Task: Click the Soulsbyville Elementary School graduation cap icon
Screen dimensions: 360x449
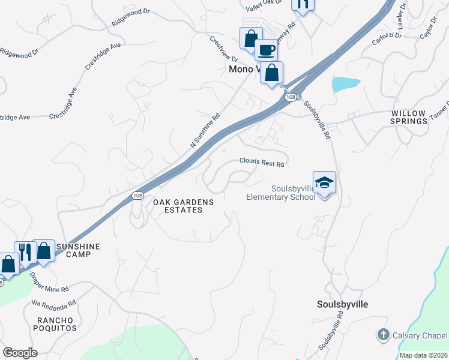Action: (x=324, y=182)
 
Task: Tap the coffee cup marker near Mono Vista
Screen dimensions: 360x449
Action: (x=265, y=50)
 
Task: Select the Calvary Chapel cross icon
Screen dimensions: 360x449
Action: (x=383, y=334)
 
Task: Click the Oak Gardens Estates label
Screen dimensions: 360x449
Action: (x=183, y=206)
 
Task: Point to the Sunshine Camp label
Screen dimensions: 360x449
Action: (x=77, y=250)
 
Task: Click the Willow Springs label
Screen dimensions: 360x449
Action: (x=409, y=117)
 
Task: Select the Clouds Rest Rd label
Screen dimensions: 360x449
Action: (x=261, y=162)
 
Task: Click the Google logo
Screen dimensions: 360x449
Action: (x=20, y=352)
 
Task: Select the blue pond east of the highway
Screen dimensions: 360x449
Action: (x=346, y=84)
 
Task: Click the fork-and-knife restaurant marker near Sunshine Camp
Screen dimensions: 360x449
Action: (x=24, y=251)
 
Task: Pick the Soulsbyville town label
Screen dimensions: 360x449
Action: (x=342, y=304)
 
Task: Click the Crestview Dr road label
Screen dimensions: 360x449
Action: (x=224, y=50)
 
